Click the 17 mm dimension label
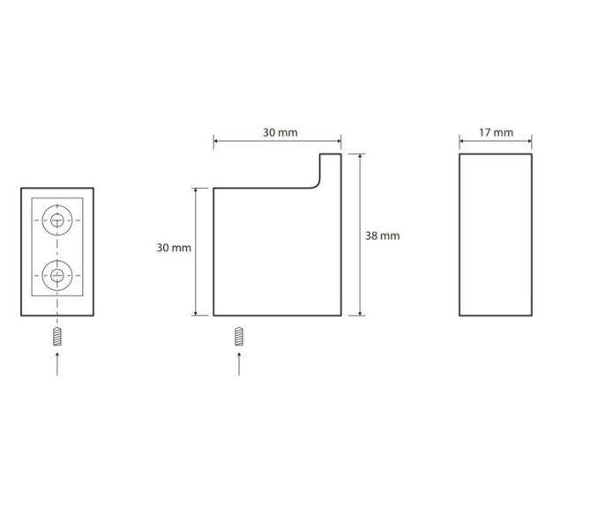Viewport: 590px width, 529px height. (x=496, y=132)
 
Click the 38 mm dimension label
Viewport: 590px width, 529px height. (x=382, y=236)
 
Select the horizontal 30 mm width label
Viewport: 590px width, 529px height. (x=280, y=132)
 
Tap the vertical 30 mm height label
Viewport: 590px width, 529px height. (x=174, y=248)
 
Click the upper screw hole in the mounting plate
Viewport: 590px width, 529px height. (x=57, y=220)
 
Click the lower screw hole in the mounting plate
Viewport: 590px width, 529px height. (x=57, y=275)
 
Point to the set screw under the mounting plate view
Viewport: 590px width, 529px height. (x=57, y=337)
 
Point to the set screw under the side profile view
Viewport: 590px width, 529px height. (x=239, y=337)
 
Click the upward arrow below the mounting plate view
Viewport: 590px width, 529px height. (x=57, y=364)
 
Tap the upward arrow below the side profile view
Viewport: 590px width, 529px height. (x=239, y=364)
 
